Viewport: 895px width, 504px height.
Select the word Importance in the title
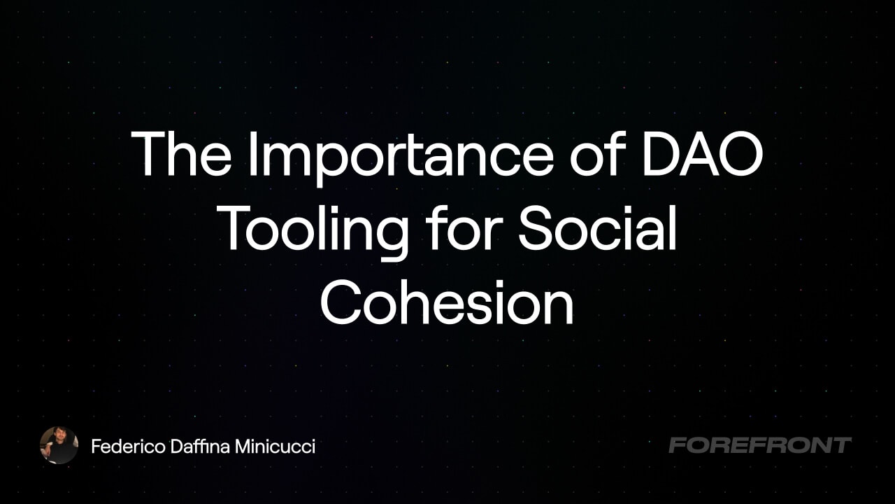pyautogui.click(x=401, y=158)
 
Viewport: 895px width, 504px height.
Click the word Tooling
pyautogui.click(x=315, y=233)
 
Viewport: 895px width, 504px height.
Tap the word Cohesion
pyautogui.click(x=447, y=302)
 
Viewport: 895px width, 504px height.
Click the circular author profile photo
pyautogui.click(x=59, y=445)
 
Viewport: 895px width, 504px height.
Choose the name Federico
pyautogui.click(x=128, y=447)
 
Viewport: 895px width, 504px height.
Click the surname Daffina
pyautogui.click(x=200, y=447)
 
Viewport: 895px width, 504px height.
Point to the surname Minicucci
pyautogui.click(x=275, y=447)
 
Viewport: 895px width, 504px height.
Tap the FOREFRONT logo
pyautogui.click(x=760, y=445)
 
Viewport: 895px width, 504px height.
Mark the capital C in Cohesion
pyautogui.click(x=342, y=302)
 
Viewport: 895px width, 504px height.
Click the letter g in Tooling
pyautogui.click(x=390, y=239)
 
